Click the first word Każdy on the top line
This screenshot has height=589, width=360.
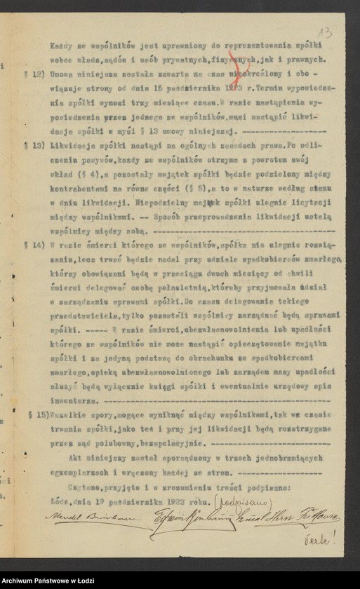(59, 44)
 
